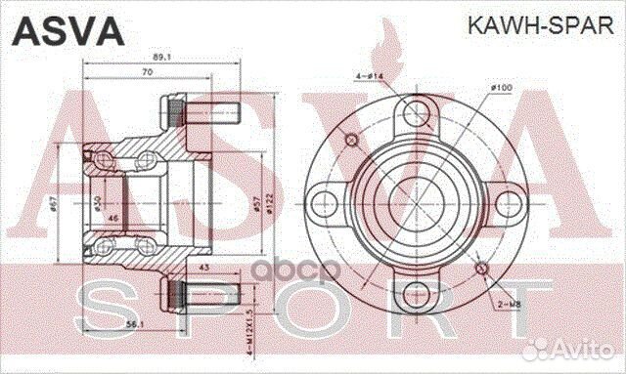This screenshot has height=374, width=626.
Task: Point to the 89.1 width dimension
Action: coord(150,56)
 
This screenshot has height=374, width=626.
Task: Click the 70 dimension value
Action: coord(147,72)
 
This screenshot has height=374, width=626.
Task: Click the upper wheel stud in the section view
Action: coord(200,108)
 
